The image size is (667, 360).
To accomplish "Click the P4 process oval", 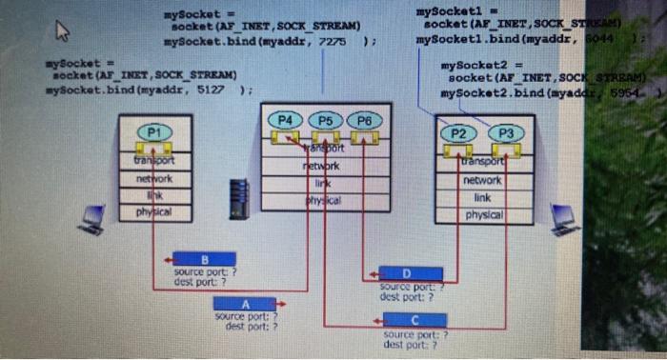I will pos(287,121).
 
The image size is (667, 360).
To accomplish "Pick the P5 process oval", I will pos(326,121).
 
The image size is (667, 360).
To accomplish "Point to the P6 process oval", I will pos(363,121).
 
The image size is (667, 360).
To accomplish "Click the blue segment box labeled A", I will pos(246,304).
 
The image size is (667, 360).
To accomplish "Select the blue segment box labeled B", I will pos(204,259).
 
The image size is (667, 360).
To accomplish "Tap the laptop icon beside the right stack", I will pos(564,218).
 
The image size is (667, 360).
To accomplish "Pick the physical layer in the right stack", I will pos(484,215).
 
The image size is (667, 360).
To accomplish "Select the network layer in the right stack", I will pos(484,180).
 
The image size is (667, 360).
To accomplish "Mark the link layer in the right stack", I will pos(484,197).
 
